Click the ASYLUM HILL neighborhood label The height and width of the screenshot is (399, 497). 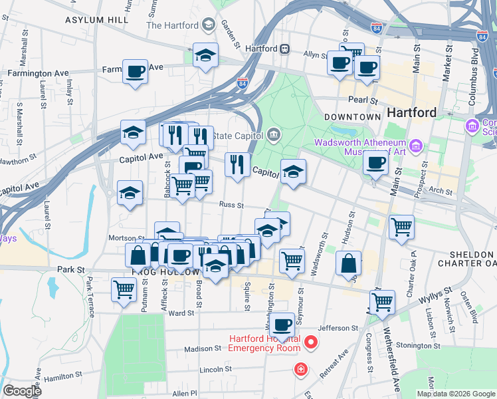[x=96, y=21]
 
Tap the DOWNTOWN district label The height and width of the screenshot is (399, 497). [x=353, y=116]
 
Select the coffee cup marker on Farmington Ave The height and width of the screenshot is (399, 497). [x=136, y=70]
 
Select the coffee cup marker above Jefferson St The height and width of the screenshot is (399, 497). [x=283, y=325]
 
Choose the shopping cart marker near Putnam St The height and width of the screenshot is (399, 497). [x=124, y=290]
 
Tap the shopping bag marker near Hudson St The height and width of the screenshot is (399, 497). [x=348, y=263]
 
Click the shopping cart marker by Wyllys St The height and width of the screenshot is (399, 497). [x=382, y=303]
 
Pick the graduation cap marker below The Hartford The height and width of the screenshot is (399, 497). [x=205, y=55]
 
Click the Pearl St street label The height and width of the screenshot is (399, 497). [x=363, y=100]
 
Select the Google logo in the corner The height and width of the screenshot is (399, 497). [x=21, y=391]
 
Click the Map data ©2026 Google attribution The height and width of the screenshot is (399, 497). [x=455, y=394]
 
